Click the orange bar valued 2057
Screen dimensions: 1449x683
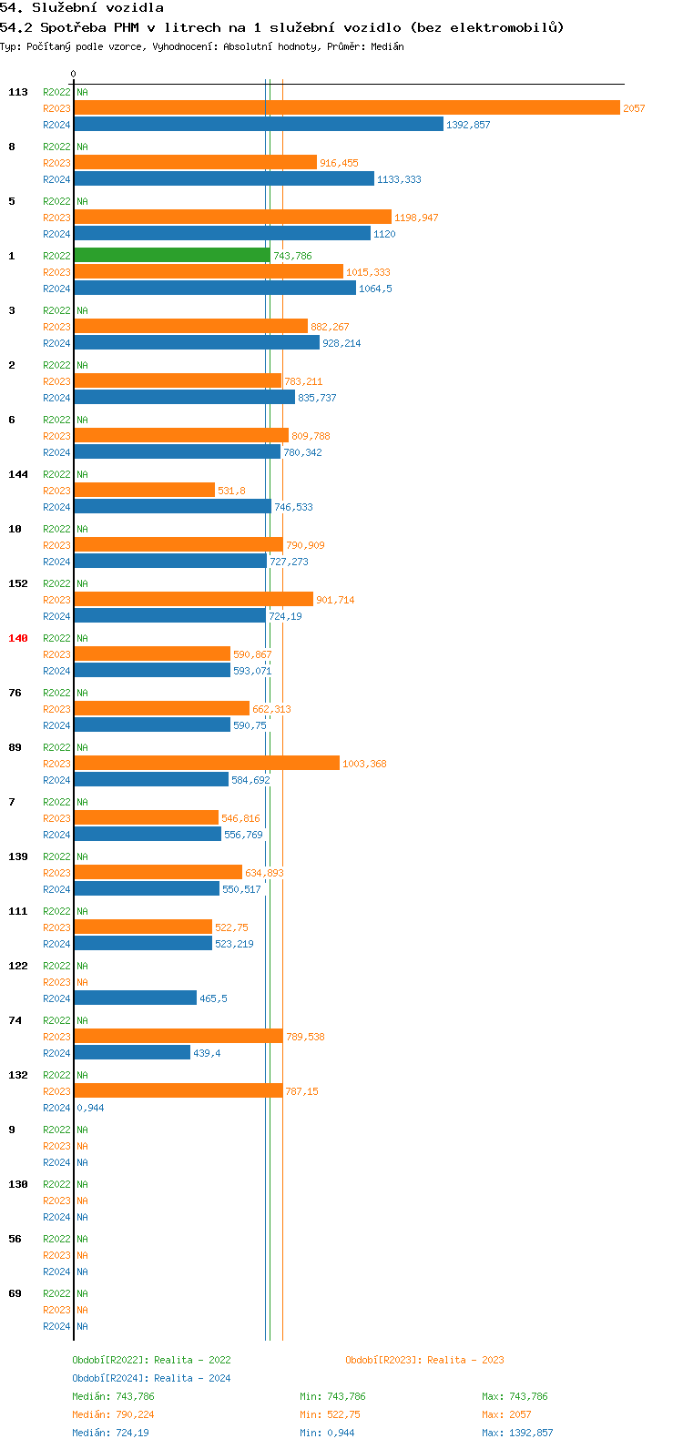347,107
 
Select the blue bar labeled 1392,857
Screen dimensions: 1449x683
259,124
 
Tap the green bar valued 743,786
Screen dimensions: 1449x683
172,255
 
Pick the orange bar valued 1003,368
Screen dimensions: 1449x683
207,763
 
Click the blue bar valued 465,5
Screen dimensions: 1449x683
136,998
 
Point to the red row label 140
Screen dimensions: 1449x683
18,638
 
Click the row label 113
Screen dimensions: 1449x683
18,92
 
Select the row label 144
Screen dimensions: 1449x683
18,474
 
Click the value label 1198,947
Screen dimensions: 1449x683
416,218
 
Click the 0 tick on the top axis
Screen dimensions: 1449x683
74,74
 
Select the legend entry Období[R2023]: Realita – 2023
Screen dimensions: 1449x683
424,1360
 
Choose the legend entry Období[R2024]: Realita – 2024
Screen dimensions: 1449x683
151,1378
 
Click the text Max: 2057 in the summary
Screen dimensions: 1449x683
506,1414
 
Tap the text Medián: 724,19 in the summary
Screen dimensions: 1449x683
110,1433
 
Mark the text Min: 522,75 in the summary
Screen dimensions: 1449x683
330,1414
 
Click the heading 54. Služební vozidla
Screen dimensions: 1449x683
82,7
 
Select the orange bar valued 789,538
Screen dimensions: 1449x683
178,1036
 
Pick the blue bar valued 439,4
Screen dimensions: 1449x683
132,1052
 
